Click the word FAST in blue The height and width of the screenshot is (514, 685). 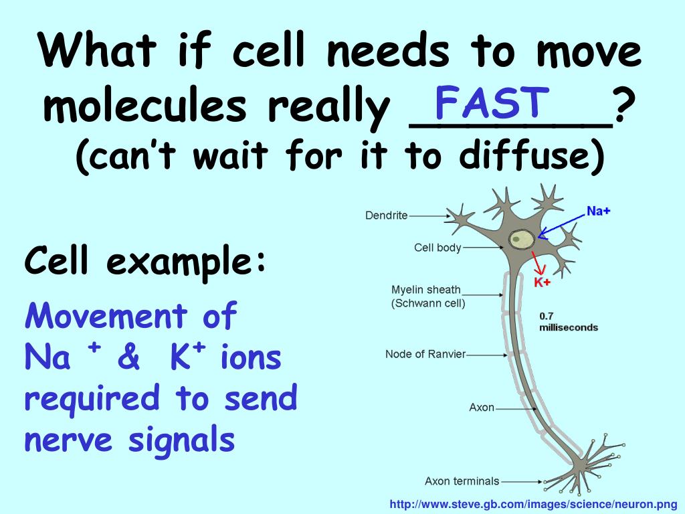(x=491, y=102)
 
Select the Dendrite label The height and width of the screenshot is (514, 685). (x=386, y=216)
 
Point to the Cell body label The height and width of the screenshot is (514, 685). (x=437, y=248)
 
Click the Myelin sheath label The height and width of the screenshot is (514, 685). (x=426, y=290)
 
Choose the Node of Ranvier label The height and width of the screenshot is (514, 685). (x=425, y=354)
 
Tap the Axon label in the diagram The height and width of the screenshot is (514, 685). (x=482, y=407)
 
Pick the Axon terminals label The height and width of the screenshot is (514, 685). (x=462, y=481)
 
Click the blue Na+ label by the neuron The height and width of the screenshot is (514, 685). (x=598, y=211)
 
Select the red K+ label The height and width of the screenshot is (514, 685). (x=542, y=282)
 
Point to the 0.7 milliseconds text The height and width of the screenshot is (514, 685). (x=568, y=322)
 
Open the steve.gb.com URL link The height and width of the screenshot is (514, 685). (x=533, y=503)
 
